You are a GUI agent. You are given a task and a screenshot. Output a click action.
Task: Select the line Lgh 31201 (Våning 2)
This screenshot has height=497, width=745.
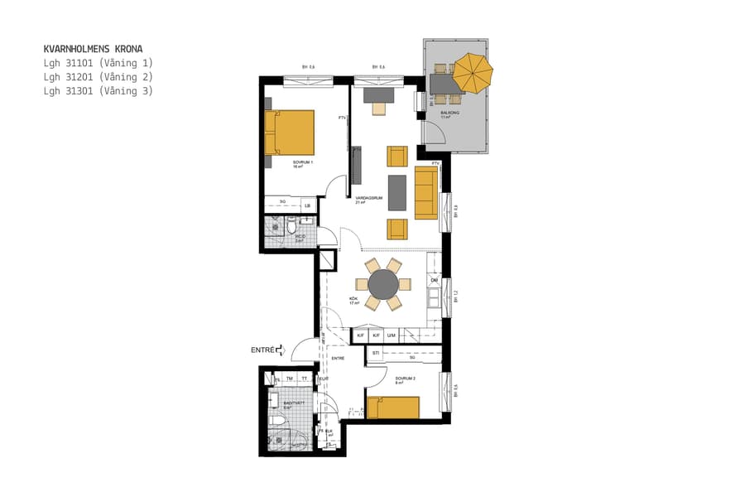tap(99, 77)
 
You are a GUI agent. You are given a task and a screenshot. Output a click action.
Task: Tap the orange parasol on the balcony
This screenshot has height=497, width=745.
tap(473, 73)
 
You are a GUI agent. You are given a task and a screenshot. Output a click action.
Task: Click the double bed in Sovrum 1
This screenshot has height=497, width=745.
tap(290, 133)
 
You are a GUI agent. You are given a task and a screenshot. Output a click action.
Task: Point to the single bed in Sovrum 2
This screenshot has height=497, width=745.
tap(393, 408)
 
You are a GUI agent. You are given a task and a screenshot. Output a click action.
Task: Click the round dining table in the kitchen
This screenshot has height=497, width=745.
tap(383, 284)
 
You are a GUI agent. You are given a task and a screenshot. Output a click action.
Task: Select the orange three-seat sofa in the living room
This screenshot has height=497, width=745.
tap(425, 192)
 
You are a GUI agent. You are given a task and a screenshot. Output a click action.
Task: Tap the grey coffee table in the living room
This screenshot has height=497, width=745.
tap(397, 192)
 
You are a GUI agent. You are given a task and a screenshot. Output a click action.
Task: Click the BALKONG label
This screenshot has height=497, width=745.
tap(449, 112)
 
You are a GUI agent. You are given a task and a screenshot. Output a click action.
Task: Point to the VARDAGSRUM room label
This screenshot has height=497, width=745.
tap(368, 199)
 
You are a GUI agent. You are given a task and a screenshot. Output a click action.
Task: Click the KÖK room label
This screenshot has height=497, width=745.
tap(353, 298)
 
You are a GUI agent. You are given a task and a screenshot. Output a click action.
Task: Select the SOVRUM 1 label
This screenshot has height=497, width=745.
tap(303, 162)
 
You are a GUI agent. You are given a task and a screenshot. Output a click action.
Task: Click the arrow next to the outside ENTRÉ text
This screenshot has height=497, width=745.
tap(281, 350)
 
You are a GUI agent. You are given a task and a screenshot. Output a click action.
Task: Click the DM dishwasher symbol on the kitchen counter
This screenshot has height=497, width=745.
tap(434, 281)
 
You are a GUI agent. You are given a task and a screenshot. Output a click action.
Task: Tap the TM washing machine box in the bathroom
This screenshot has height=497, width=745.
tap(289, 379)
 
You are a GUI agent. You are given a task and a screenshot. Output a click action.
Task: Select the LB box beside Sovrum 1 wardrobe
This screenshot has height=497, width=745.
tap(307, 205)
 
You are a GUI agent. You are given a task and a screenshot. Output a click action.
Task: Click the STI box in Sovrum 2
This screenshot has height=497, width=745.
tap(376, 354)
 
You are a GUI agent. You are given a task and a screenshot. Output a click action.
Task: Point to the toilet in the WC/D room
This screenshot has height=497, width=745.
tap(291, 225)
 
